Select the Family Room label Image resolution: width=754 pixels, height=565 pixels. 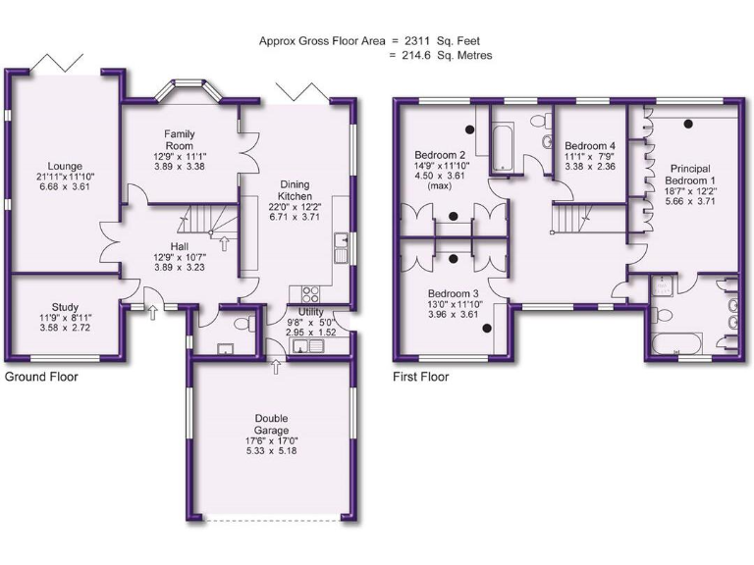(180, 139)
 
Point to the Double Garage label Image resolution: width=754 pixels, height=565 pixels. (270, 425)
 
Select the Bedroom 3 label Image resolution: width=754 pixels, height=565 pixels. (452, 293)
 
